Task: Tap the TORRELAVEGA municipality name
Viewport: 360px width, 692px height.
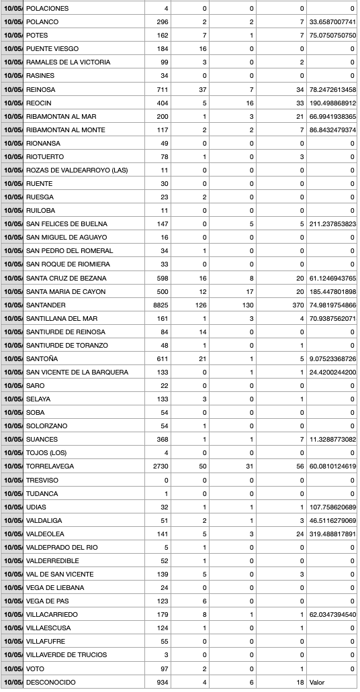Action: [x=50, y=466]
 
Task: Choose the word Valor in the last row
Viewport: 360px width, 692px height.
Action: [x=316, y=682]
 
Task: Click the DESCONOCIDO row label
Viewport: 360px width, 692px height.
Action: [x=50, y=682]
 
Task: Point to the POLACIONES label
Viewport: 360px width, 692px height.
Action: [x=47, y=8]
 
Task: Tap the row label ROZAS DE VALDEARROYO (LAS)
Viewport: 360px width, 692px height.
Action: [x=77, y=170]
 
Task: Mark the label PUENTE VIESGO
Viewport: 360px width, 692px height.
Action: [x=52, y=49]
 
